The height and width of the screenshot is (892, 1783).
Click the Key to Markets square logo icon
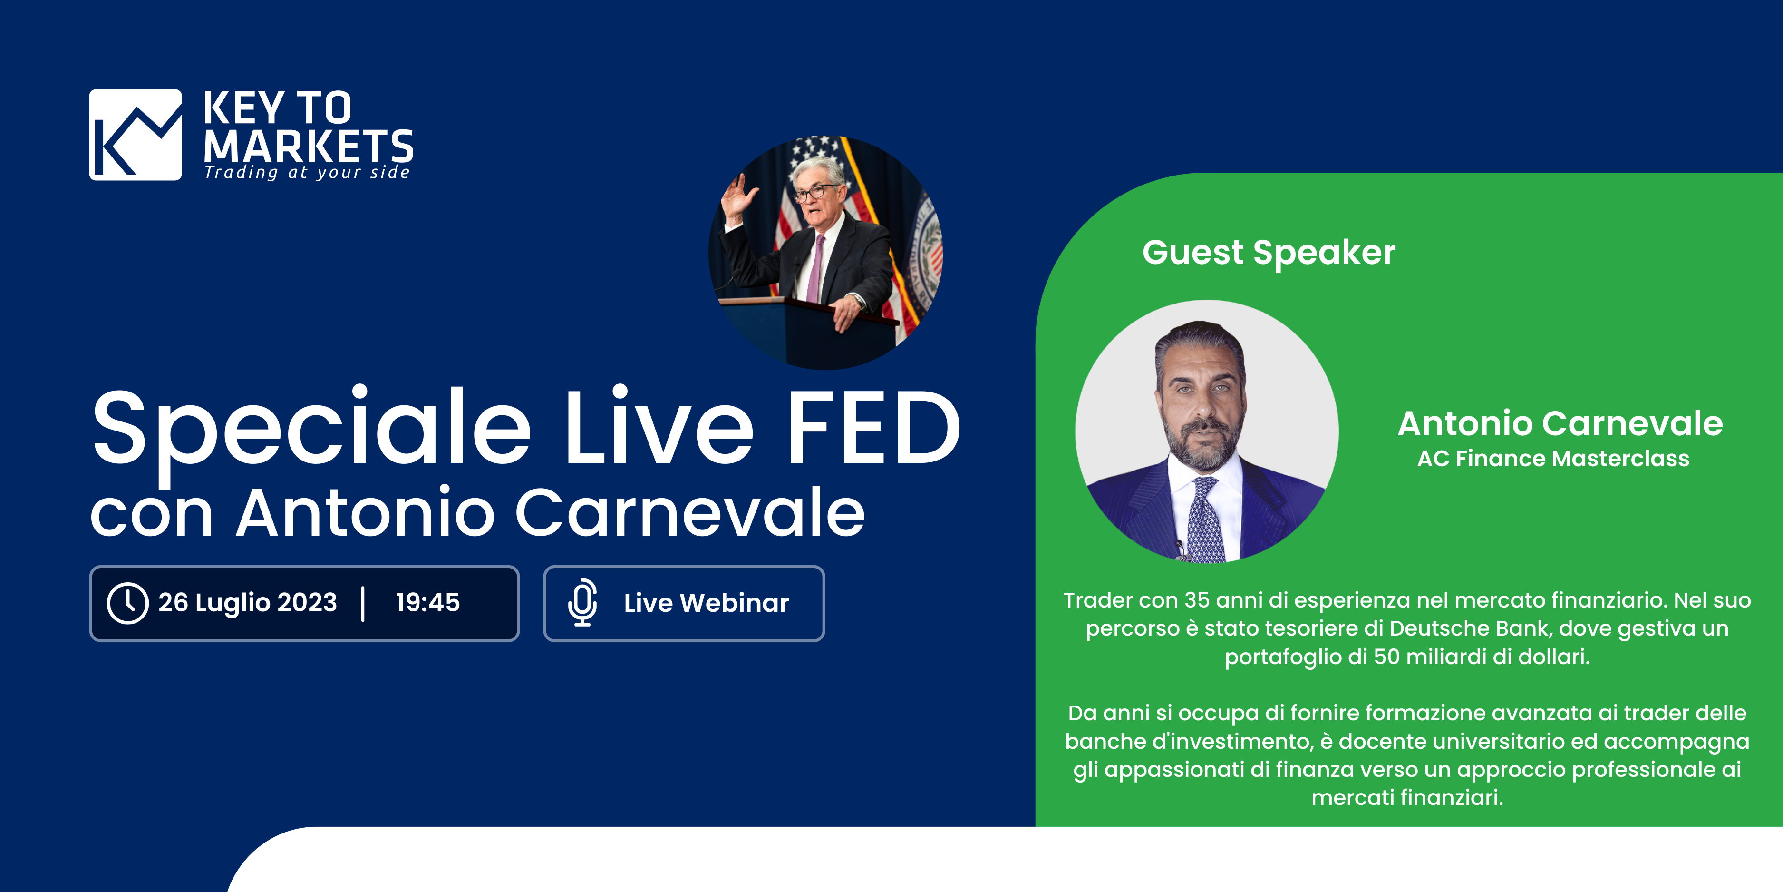pyautogui.click(x=136, y=135)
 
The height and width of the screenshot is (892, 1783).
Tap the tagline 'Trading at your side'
pyautogui.click(x=307, y=172)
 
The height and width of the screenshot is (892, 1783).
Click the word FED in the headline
pyautogui.click(x=873, y=427)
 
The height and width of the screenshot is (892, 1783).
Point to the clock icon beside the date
pyautogui.click(x=127, y=603)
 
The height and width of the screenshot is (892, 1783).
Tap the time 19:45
pyautogui.click(x=428, y=602)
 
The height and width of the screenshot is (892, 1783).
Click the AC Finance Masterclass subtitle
pyautogui.click(x=1553, y=459)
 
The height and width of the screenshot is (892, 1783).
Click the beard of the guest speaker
pyautogui.click(x=1203, y=447)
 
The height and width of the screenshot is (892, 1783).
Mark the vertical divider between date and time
pyautogui.click(x=363, y=603)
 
